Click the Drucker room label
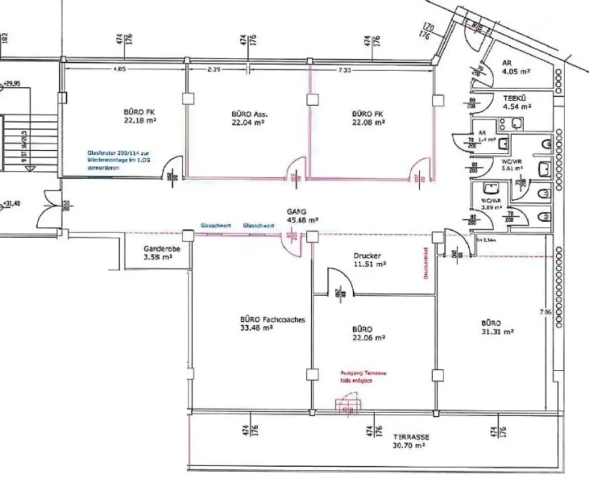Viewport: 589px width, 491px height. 368,256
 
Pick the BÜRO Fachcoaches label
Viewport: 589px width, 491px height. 272,319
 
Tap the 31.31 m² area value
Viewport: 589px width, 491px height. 497,332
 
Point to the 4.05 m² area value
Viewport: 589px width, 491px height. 516,72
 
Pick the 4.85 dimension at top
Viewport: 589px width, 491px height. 120,70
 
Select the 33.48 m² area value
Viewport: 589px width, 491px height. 257,328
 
